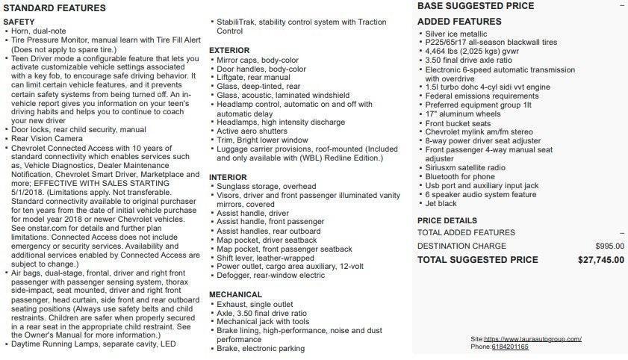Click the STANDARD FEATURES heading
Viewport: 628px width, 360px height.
(x=55, y=8)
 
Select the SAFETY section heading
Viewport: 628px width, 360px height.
(x=19, y=22)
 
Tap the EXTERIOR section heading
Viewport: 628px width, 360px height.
(x=228, y=50)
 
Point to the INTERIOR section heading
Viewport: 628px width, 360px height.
(x=228, y=177)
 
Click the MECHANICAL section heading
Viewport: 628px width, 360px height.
(x=235, y=295)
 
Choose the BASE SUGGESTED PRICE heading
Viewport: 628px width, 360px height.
(x=476, y=6)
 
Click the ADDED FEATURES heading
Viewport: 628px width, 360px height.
(x=458, y=22)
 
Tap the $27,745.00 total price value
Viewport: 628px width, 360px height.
(x=601, y=260)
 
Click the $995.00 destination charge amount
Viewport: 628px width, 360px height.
(x=610, y=246)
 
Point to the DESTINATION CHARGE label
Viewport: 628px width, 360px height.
(x=461, y=246)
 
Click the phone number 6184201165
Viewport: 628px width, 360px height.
(x=510, y=347)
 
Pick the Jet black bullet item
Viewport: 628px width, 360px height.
(x=441, y=202)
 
